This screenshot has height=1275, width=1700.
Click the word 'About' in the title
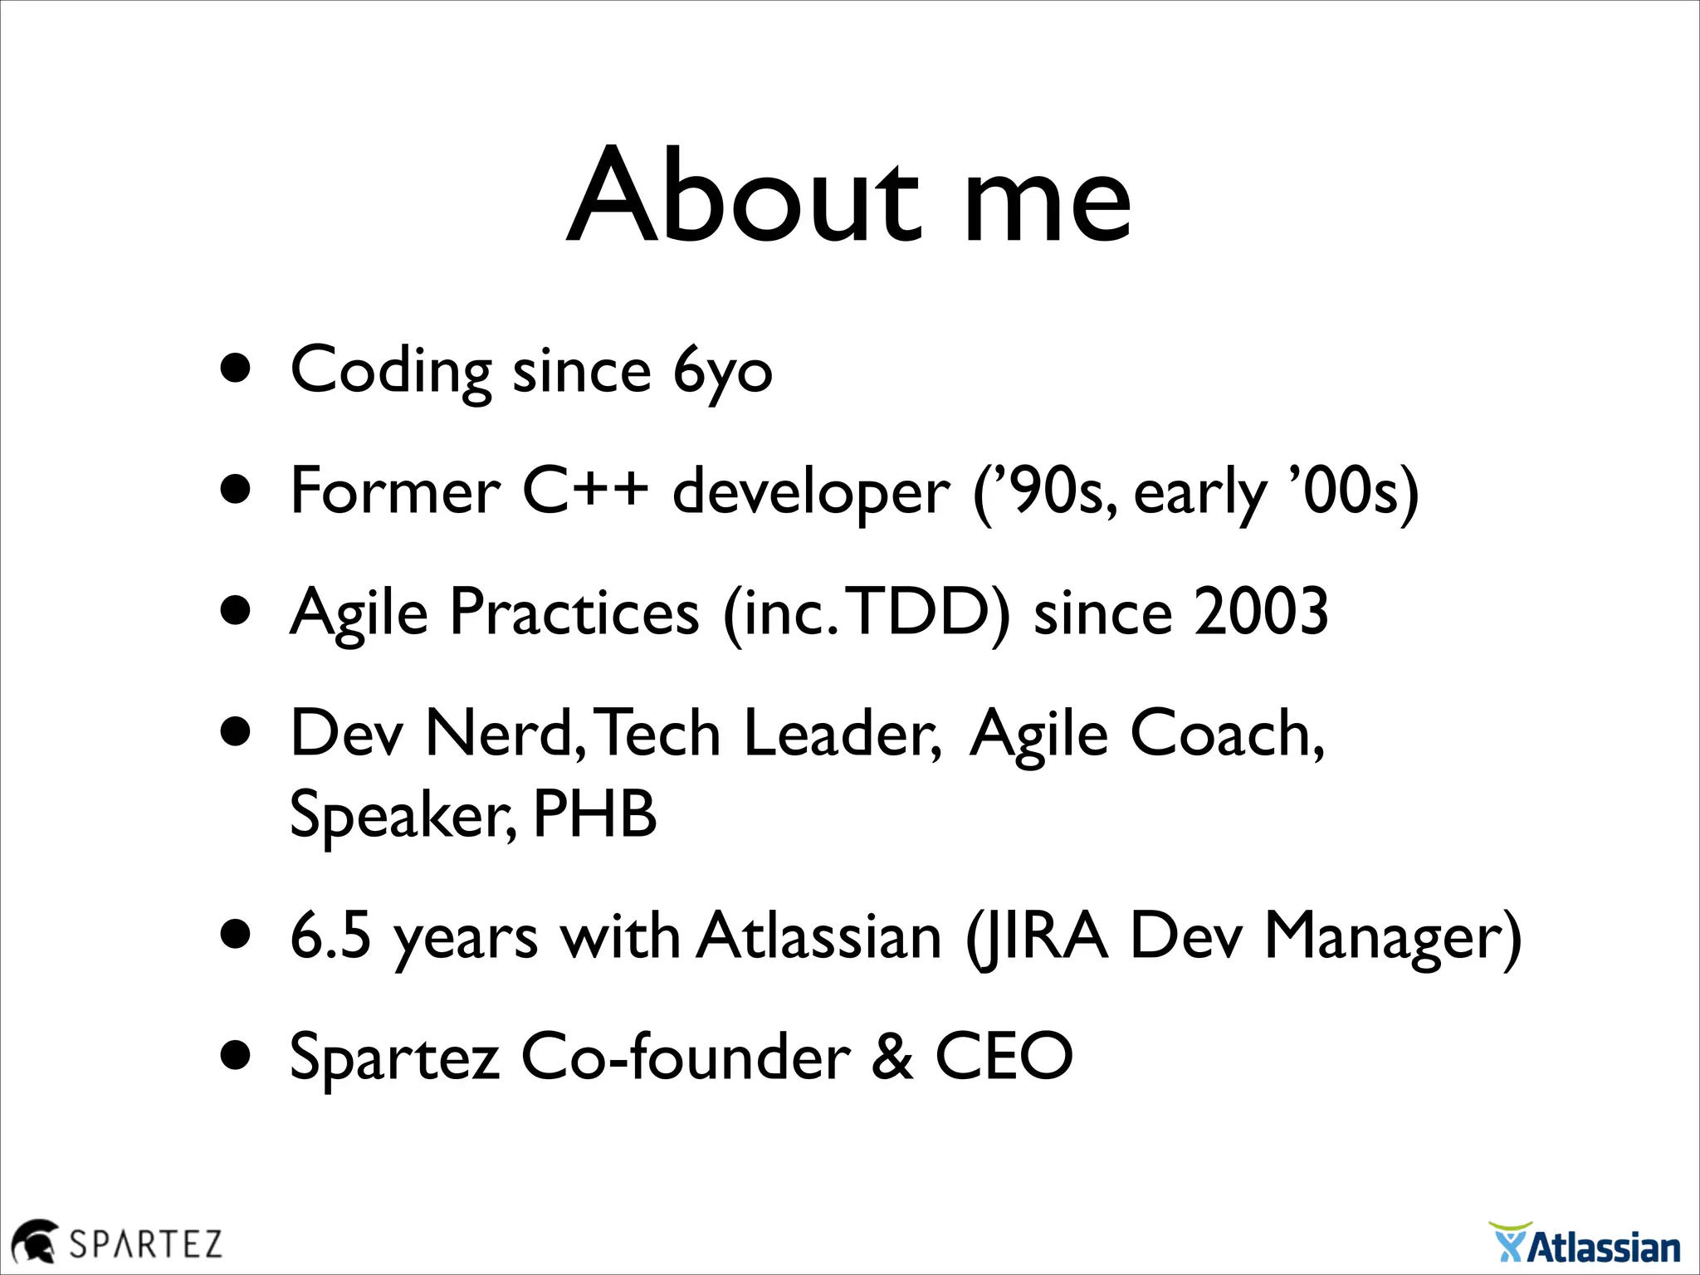743,196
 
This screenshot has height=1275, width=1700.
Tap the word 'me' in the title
1048,203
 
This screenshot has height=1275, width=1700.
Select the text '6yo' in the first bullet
722,371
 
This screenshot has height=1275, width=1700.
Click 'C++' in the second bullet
584,491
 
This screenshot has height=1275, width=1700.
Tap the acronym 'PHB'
594,814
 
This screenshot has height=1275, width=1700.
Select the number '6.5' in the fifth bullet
330,936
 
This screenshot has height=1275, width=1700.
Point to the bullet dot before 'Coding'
237,369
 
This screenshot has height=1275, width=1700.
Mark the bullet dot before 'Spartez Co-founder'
237,1056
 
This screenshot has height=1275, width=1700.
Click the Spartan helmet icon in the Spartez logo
34,1242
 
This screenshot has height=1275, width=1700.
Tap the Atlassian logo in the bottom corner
1585,1243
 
